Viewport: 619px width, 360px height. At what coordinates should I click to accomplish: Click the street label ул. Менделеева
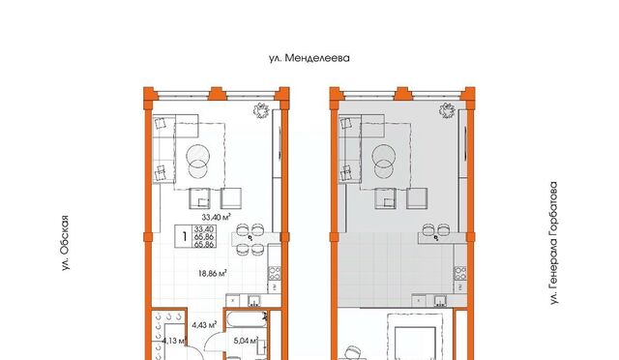pos(309,58)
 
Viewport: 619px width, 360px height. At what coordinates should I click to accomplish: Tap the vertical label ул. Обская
pos(65,243)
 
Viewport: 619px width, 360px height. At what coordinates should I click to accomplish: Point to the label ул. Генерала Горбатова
pos(554,243)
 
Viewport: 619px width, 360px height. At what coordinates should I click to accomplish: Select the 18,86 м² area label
pos(213,273)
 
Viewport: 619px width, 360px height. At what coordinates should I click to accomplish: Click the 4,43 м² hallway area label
pos(204,325)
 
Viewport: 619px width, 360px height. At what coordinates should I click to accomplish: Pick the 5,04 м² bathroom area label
pos(246,340)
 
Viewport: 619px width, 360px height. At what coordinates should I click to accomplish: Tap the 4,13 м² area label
pos(174,341)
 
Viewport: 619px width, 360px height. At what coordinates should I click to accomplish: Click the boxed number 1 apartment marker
pos(184,236)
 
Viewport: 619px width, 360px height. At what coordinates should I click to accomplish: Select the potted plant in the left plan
pos(261,110)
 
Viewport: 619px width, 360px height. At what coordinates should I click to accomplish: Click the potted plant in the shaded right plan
pos(447,110)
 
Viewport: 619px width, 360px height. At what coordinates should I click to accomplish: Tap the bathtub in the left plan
pos(247,319)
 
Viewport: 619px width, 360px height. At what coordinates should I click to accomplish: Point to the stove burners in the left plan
pos(275,273)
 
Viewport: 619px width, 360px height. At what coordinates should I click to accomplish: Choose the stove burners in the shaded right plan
pos(460,273)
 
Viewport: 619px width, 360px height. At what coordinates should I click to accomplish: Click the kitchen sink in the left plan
pos(253,301)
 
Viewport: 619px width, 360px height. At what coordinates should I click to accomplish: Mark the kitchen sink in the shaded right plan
pos(440,301)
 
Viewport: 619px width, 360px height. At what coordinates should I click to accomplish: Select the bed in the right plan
pos(415,337)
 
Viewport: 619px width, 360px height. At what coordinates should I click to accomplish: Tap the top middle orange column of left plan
pos(216,94)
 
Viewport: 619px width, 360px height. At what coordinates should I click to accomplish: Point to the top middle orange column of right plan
pos(402,94)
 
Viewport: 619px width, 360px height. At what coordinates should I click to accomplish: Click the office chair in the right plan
pos(352,353)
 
